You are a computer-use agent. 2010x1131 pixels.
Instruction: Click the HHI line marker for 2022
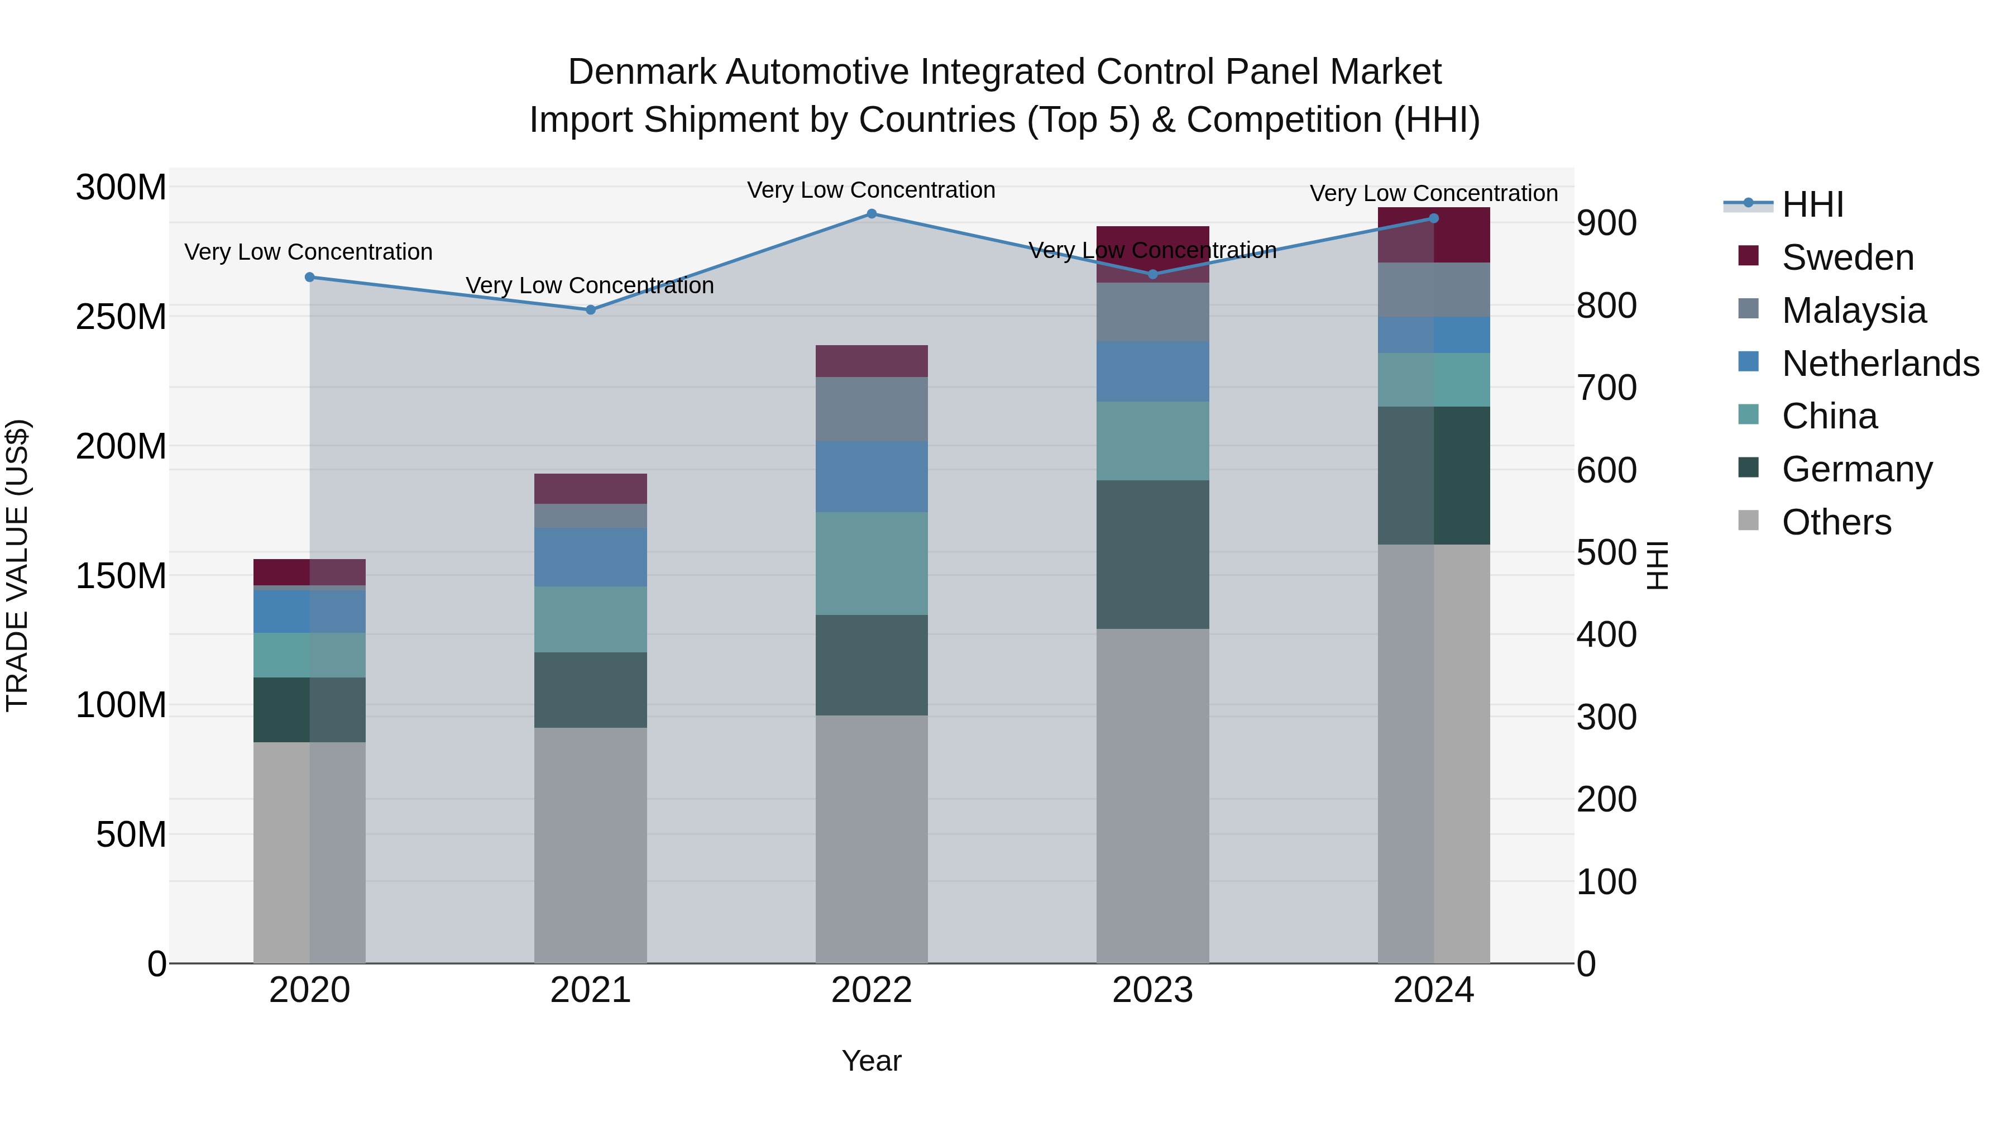(872, 214)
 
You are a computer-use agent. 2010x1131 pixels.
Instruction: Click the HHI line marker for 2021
(591, 310)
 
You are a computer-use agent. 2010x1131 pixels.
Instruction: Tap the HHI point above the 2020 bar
(310, 277)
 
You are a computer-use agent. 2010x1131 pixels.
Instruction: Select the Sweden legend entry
(1847, 257)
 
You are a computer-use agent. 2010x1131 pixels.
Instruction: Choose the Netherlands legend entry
(1880, 364)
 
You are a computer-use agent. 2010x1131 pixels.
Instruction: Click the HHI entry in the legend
(1812, 204)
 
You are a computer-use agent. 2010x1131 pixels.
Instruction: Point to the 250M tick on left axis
(121, 317)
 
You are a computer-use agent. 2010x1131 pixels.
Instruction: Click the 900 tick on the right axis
(1606, 223)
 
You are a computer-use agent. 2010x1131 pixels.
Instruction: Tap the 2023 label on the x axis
(1152, 990)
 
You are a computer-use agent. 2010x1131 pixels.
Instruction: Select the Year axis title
(872, 1061)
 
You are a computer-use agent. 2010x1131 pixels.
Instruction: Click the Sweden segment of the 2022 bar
(872, 361)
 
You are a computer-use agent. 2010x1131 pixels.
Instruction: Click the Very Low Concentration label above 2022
(871, 190)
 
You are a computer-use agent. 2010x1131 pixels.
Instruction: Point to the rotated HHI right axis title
(1657, 565)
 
